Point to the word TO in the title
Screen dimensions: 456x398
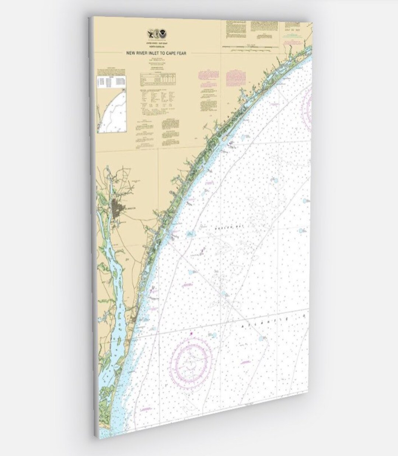(163, 53)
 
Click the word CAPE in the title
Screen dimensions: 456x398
(172, 53)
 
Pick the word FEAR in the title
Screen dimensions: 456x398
(183, 53)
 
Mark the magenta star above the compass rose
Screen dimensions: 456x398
(191, 334)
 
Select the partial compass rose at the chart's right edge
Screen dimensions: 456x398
(308, 103)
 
